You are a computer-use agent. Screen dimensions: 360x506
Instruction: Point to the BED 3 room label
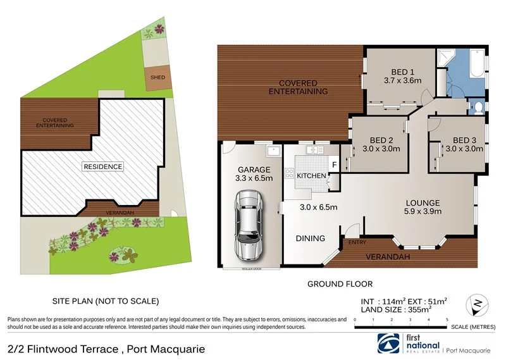tap(464, 140)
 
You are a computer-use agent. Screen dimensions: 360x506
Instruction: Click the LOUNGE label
tap(423, 203)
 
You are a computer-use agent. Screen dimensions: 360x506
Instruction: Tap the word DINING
tap(310, 239)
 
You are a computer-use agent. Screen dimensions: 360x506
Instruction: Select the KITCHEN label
tap(311, 175)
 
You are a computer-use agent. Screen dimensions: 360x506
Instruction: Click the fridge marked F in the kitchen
tap(334, 166)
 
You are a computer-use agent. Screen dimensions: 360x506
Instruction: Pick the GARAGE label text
tap(254, 170)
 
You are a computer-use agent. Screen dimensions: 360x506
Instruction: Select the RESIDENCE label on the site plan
tap(102, 166)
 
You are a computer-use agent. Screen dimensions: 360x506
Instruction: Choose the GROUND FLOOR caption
tap(340, 284)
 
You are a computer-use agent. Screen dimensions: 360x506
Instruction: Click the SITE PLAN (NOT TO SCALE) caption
tap(105, 301)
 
